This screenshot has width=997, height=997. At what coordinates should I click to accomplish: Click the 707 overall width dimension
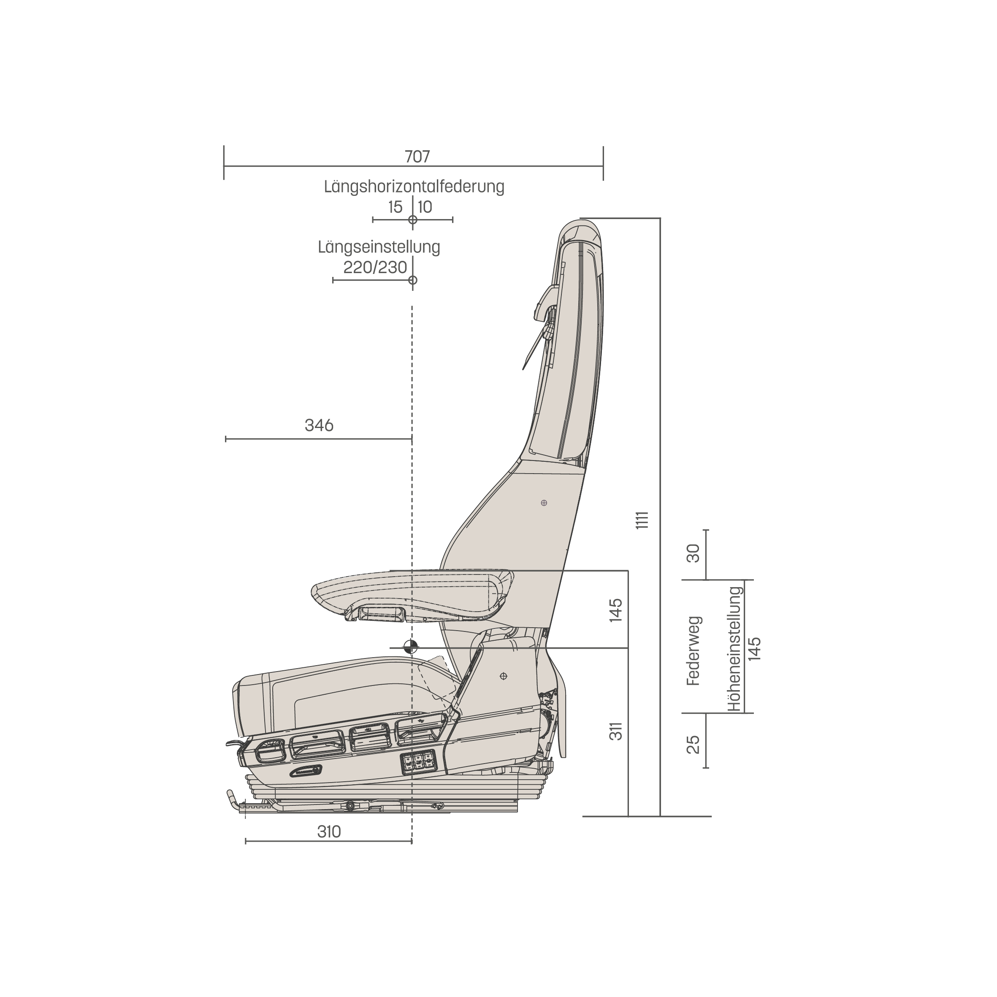417,156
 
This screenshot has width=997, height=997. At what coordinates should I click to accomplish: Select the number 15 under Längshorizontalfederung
395,207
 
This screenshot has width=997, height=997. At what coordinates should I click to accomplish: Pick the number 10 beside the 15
425,207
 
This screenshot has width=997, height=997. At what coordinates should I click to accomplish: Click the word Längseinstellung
379,247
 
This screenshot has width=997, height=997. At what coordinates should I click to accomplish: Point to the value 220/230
375,267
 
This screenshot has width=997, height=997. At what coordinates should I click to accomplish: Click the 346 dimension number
319,425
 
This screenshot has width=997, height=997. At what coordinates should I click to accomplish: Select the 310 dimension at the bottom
329,832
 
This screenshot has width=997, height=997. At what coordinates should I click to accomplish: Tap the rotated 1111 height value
642,520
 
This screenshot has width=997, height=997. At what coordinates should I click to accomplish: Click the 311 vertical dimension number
616,731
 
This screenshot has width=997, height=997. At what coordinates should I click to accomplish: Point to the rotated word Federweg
694,650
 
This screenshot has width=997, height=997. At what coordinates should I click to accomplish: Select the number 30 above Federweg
693,554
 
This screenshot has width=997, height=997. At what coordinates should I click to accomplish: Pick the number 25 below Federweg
693,744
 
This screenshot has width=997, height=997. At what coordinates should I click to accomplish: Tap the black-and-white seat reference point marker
411,647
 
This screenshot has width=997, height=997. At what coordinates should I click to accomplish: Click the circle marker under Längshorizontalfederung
412,220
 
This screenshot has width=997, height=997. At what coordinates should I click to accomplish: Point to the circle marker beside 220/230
412,280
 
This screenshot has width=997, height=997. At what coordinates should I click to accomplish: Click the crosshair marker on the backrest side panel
544,503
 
